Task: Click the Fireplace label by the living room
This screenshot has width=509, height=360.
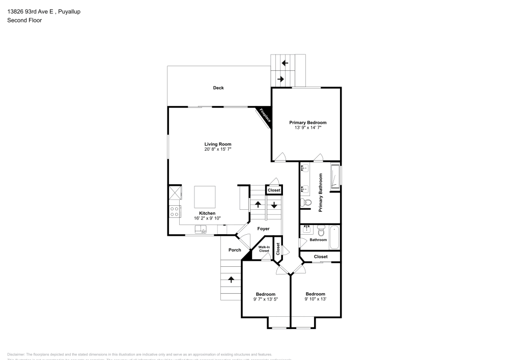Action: point(264,116)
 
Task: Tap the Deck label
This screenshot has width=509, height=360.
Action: point(218,88)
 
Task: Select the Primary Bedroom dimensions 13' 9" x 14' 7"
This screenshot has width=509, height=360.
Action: point(307,128)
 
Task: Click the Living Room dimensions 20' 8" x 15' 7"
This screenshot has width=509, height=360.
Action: point(218,150)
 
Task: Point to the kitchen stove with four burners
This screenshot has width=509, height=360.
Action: point(174,210)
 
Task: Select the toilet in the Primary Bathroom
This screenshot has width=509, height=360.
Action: point(306,203)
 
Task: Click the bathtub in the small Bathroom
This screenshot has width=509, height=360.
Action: point(334,237)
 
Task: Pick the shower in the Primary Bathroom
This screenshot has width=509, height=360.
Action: point(335,177)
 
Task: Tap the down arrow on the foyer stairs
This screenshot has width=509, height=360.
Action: point(274,205)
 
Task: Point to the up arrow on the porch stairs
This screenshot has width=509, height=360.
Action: point(231,279)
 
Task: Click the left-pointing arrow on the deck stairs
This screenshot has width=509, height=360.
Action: point(285,63)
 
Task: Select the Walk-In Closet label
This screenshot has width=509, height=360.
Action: point(264,249)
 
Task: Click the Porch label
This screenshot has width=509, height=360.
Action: point(235,250)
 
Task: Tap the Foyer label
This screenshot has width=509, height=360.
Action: point(263,229)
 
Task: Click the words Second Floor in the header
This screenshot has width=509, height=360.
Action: point(24,20)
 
